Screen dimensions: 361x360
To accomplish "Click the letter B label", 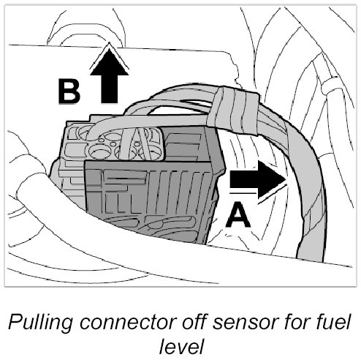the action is (69, 91).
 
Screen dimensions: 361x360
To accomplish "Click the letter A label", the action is (238, 215).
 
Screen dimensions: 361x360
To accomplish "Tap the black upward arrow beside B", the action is (109, 76).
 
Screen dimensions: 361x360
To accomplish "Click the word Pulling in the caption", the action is (40, 323).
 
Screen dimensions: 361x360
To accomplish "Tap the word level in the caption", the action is (181, 346).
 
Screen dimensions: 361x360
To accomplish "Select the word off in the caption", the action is (195, 322).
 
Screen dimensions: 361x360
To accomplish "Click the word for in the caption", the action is (297, 322).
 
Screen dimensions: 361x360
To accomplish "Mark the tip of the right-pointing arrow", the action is (286, 179).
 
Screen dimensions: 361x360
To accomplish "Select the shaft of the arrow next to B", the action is (109, 89).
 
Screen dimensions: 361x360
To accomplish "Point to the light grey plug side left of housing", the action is (72, 181).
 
